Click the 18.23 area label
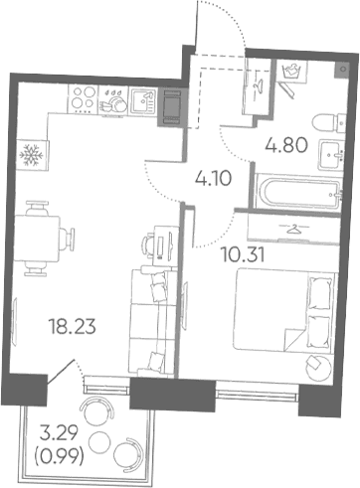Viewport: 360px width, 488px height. click(x=73, y=326)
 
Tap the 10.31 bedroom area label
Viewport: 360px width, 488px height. click(x=243, y=255)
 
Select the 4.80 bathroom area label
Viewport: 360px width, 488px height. click(x=286, y=145)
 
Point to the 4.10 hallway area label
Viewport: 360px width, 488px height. click(x=214, y=179)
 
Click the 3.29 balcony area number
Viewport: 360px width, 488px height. click(x=59, y=433)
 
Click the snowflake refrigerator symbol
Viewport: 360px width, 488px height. click(x=32, y=155)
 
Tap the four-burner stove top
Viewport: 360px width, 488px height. click(x=84, y=99)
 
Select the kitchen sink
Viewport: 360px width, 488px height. click(x=143, y=101)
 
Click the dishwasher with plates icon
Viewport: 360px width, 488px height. click(x=113, y=100)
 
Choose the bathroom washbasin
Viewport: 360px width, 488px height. click(x=331, y=155)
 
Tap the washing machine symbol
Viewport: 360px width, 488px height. click(x=291, y=71)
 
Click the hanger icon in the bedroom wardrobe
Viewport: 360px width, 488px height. click(x=293, y=229)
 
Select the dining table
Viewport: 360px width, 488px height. click(x=37, y=238)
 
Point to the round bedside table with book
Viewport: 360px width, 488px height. click(x=318, y=368)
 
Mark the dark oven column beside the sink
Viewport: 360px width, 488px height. click(x=171, y=106)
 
